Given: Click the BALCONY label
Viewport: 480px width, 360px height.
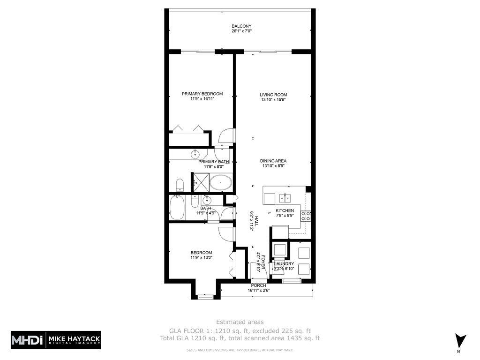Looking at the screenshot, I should pos(241,26).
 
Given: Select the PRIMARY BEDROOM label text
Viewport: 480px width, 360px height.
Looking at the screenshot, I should pos(202,94).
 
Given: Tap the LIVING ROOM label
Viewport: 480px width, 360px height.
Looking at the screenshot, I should pos(273,95).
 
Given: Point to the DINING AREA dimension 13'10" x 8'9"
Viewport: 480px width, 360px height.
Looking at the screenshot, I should pos(273,166).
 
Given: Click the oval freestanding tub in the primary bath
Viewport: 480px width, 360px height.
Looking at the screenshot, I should pos(220,182).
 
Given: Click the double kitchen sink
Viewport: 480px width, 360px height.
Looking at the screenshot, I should pos(285,197).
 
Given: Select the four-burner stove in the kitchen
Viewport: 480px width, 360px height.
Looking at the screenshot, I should pos(305,216).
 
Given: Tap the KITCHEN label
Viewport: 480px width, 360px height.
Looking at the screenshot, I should pos(285,210).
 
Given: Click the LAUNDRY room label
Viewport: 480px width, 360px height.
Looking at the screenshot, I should pos(284,264).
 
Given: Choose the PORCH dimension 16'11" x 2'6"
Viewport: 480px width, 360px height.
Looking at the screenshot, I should pos(258,290).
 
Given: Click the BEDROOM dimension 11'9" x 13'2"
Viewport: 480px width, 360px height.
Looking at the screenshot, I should pos(201,257).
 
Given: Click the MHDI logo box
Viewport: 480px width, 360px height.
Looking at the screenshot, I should pos(28,339).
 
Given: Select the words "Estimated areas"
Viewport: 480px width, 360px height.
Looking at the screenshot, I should pos(240,322).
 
